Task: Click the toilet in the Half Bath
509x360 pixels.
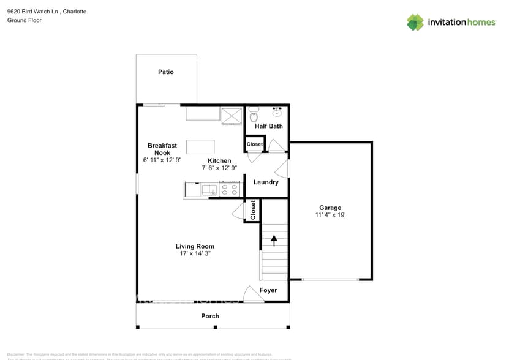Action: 255,114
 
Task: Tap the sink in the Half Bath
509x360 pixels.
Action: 277,111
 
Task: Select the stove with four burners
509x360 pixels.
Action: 230,189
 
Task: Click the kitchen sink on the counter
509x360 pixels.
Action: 209,190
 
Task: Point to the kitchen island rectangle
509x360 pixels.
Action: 200,147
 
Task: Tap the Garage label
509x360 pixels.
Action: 330,208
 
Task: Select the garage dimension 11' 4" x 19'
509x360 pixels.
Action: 330,215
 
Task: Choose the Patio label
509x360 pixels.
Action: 166,72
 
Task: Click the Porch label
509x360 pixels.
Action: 210,316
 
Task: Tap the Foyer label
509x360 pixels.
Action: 268,290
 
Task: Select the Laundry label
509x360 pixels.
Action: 266,182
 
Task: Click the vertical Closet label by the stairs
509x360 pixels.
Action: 252,211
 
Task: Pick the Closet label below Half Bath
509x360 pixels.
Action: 254,144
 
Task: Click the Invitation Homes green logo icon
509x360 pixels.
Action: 415,22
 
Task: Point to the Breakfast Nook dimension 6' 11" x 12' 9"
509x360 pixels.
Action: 162,160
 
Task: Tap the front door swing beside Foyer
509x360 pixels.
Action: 252,294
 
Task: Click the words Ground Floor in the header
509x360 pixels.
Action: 24,20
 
